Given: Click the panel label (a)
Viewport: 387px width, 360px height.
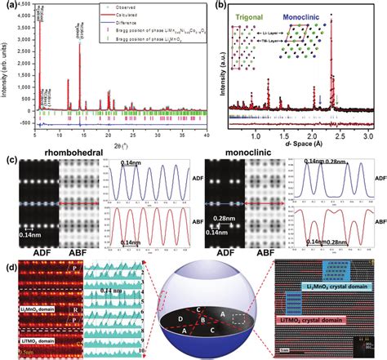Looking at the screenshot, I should click(x=10, y=7).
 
